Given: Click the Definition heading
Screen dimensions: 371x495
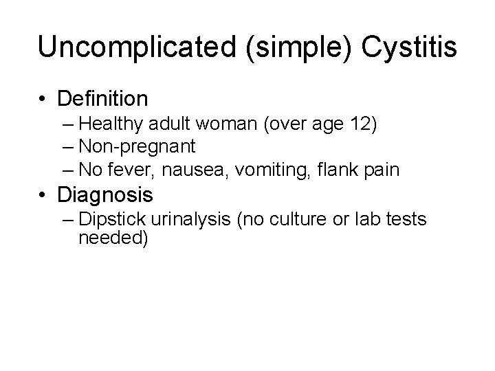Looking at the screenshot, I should point(103,99).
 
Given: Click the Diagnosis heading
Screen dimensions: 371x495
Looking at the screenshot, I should point(106,195).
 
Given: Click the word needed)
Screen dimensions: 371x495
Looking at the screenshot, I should point(113,238).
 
